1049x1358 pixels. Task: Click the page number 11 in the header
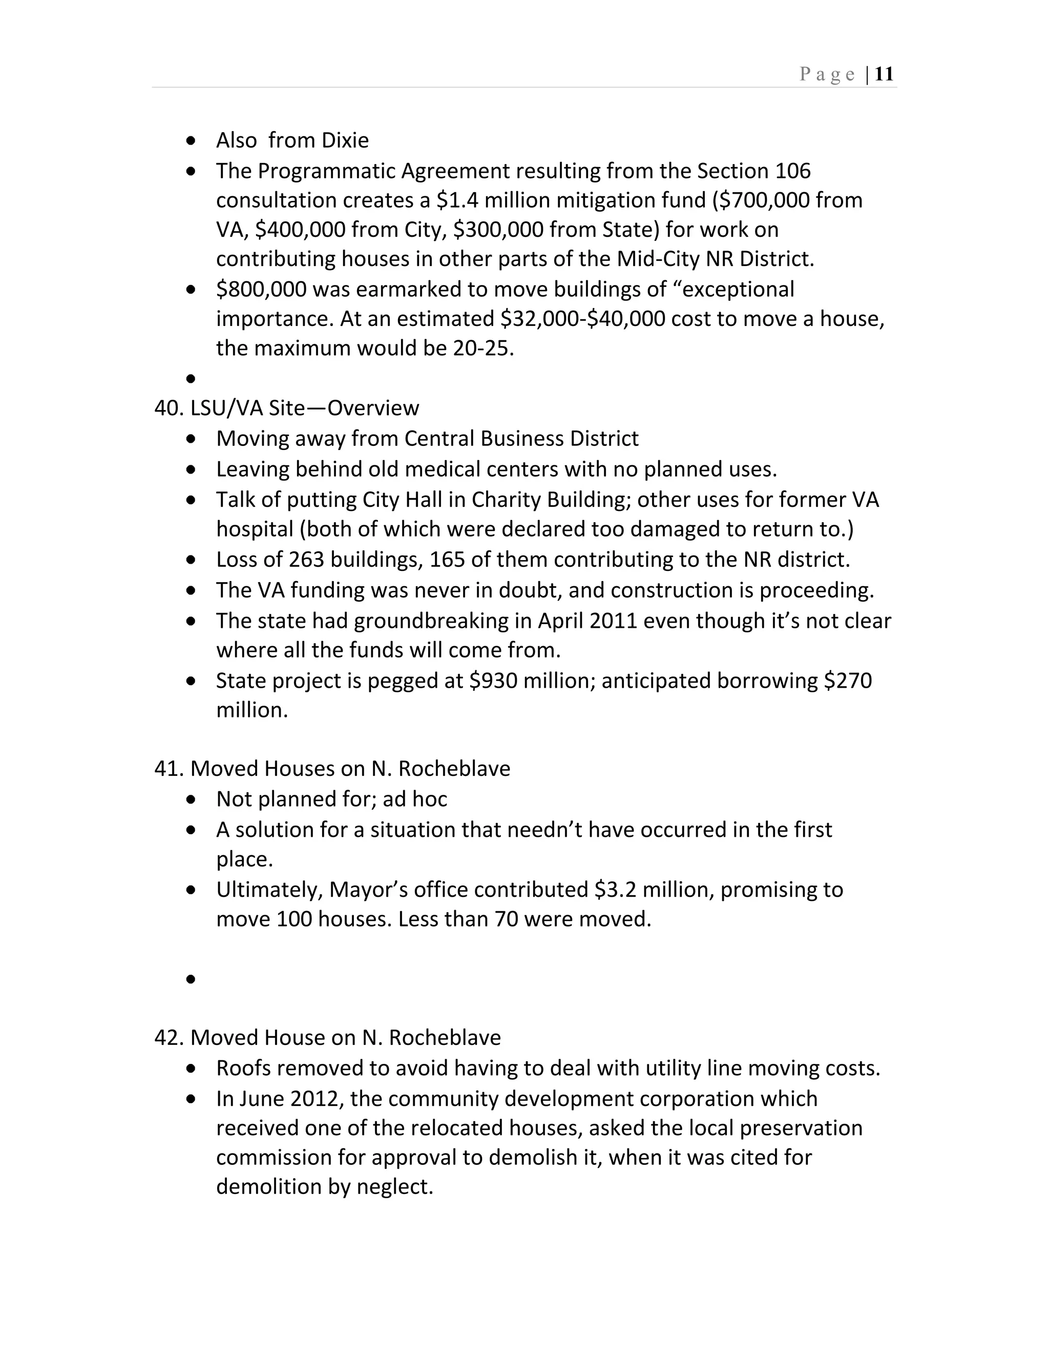[x=884, y=75]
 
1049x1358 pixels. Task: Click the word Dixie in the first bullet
[x=344, y=140]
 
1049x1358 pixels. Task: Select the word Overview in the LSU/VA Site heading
[x=373, y=408]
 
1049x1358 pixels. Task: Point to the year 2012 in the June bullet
[x=317, y=1099]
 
